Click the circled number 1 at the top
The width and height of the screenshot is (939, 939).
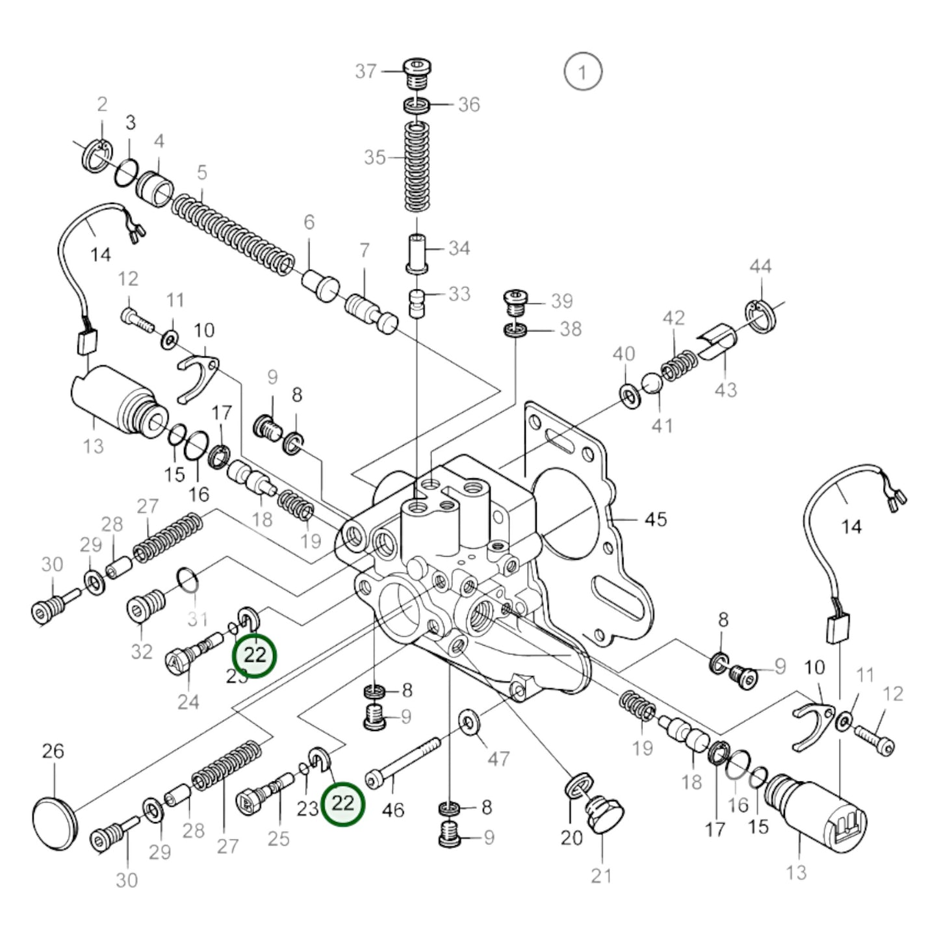click(582, 71)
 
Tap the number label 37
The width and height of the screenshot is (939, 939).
click(366, 71)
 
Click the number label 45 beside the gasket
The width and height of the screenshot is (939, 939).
click(656, 519)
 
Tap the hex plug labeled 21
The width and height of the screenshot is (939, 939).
click(603, 812)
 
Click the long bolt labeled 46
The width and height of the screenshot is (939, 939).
click(403, 760)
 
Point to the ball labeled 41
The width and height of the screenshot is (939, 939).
click(652, 383)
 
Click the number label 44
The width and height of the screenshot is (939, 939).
click(760, 266)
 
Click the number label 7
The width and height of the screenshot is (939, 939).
click(365, 250)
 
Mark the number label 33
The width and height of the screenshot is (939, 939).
click(459, 294)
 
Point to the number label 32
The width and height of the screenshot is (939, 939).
click(142, 652)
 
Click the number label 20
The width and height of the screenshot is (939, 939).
click(571, 838)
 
